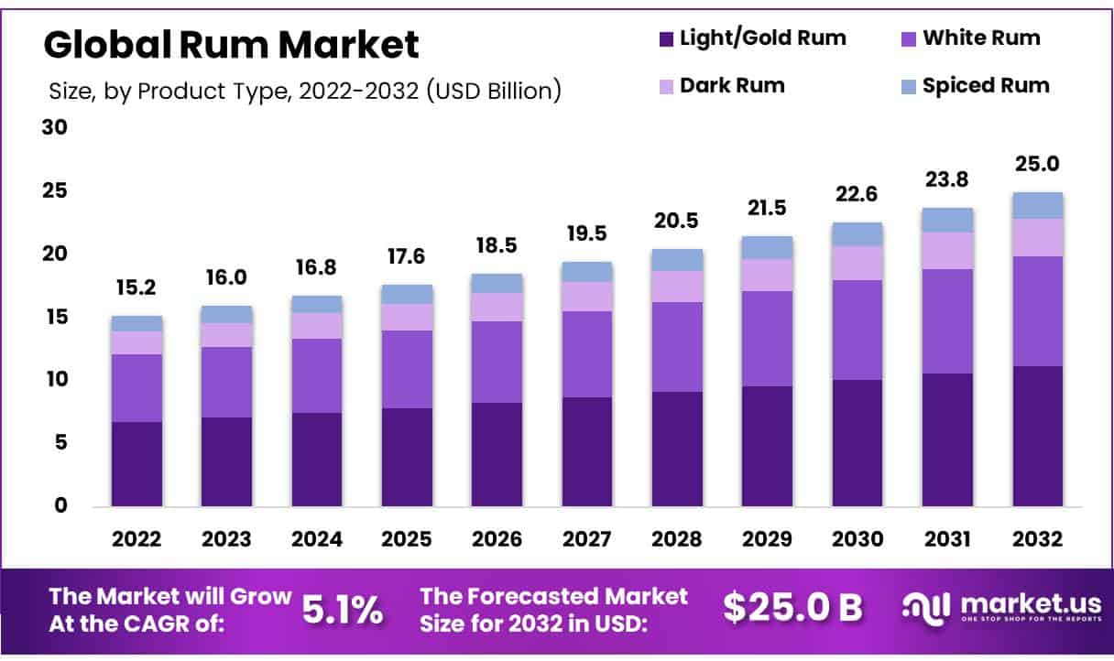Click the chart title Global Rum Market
coord(231,44)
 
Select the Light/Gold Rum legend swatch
coord(666,39)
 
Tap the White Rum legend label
coord(981,38)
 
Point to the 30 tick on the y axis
coord(55,127)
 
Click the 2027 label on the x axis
coord(586,539)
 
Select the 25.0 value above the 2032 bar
coord(1038,165)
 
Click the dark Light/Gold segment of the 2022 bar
coord(137,464)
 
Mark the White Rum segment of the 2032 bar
coord(1038,311)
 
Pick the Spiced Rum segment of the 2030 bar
coord(857,234)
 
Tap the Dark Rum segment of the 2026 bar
coord(497,307)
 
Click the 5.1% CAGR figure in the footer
coord(343,609)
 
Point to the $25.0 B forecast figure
coord(792,607)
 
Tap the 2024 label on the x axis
coord(317,539)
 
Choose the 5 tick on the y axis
coord(60,442)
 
